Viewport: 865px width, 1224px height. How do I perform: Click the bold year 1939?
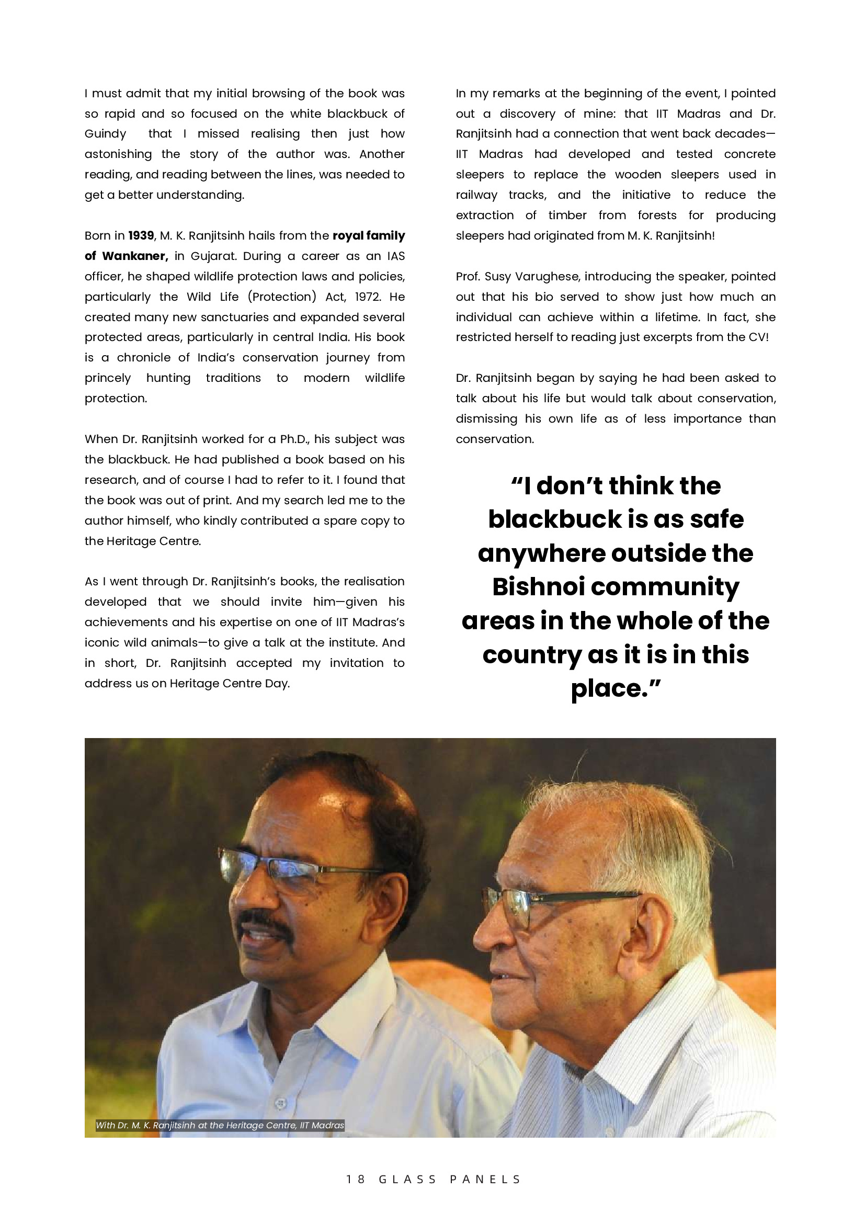141,235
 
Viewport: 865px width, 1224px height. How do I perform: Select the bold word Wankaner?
135,256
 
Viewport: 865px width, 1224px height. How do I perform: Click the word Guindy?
106,134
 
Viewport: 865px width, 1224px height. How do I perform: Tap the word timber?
567,216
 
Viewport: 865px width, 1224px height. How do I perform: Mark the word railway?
476,195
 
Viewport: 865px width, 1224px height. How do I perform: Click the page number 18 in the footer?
356,1179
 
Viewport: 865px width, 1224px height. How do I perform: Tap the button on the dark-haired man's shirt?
281,1103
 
